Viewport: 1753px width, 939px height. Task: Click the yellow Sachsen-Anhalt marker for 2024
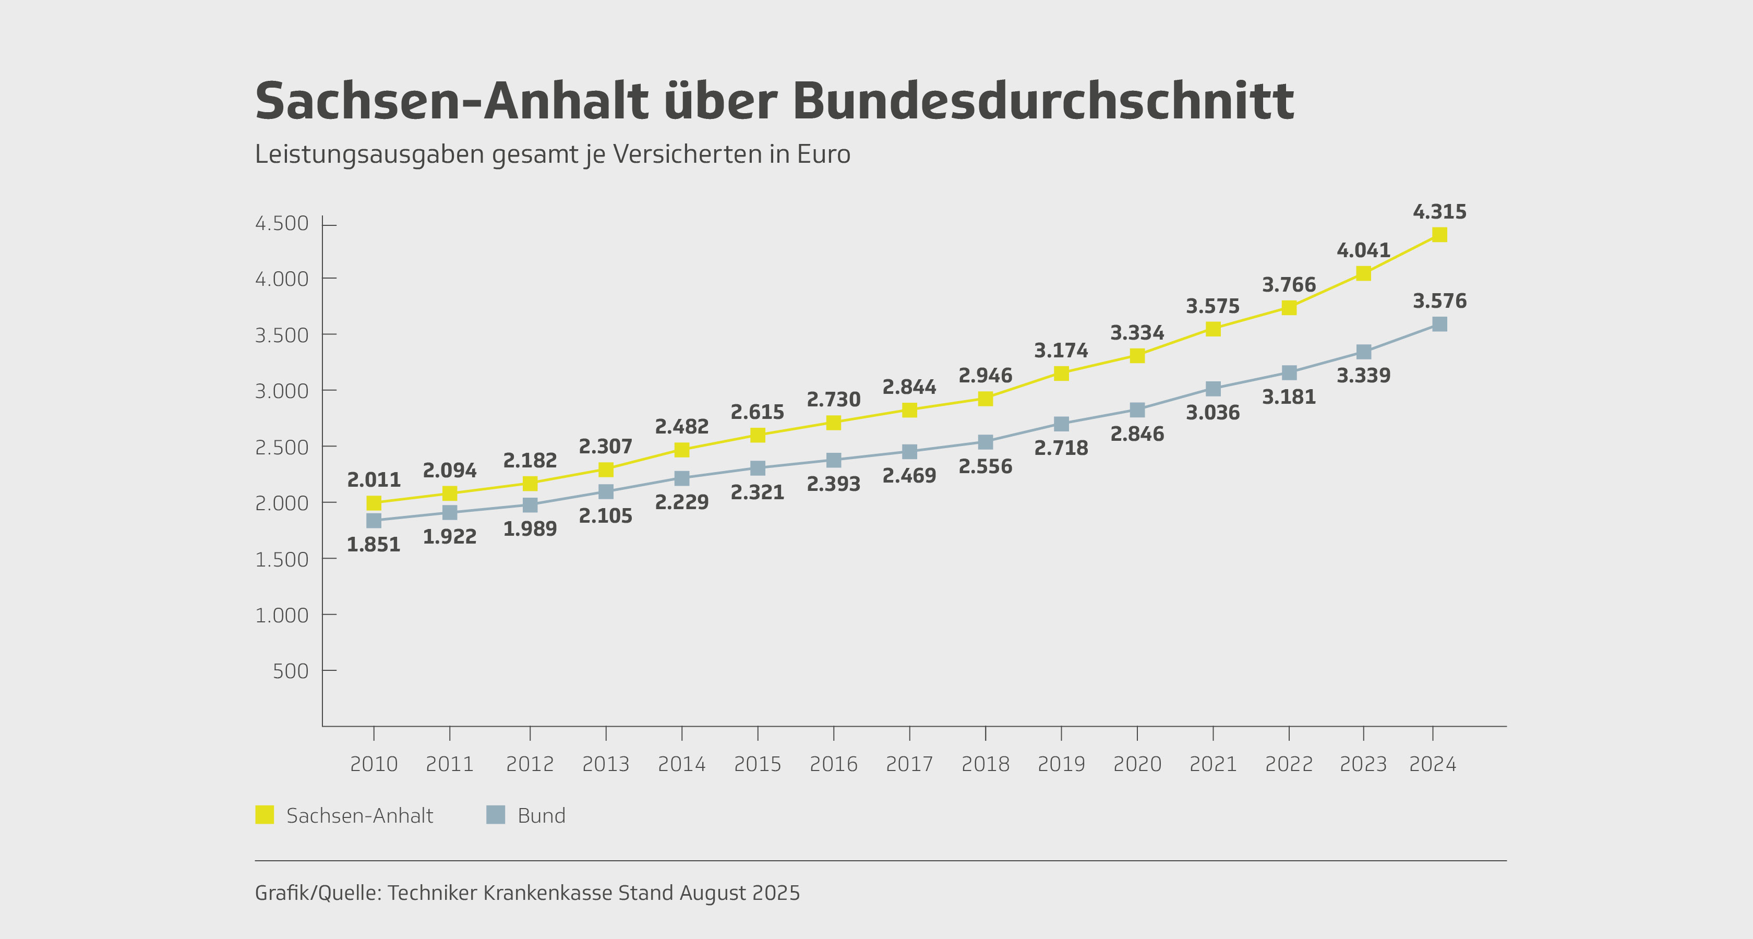[1439, 235]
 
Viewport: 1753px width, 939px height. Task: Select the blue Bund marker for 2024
[1439, 324]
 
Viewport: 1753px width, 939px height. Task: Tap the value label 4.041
[1363, 250]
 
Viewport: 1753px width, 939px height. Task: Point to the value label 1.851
[374, 544]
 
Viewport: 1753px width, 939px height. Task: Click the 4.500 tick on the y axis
[282, 223]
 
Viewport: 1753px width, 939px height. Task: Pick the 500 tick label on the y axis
[291, 671]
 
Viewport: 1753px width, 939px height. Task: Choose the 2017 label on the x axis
[909, 764]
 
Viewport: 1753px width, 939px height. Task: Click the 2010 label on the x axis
[374, 764]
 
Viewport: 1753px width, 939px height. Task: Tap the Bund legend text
[541, 815]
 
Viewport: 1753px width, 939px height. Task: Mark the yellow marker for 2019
[1061, 373]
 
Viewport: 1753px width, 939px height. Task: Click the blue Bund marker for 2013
[606, 491]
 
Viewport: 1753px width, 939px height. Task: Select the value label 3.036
[1212, 412]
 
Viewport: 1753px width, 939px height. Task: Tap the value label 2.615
[758, 412]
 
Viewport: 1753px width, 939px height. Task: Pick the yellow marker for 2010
[374, 503]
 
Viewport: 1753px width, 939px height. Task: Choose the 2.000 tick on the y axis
[282, 503]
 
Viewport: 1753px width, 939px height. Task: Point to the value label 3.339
[1363, 376]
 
